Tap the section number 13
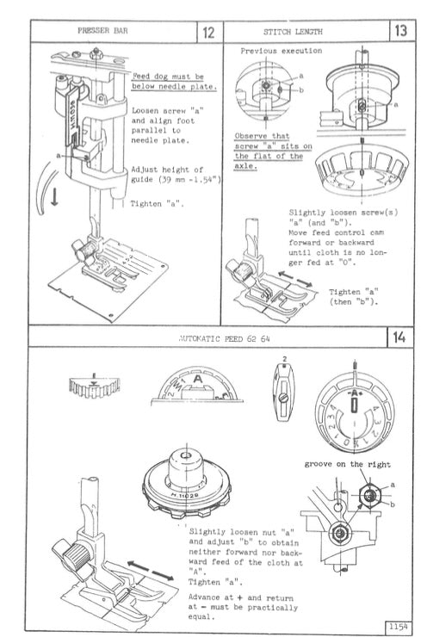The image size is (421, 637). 399,32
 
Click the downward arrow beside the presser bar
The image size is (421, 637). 31,196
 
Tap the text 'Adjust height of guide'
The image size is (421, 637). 168,175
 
